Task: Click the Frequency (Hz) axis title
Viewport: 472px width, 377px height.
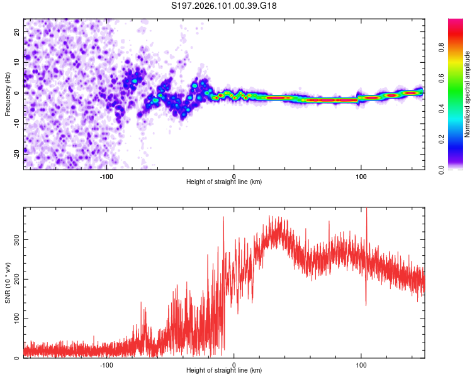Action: pos(8,94)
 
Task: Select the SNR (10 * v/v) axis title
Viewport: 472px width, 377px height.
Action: pos(8,283)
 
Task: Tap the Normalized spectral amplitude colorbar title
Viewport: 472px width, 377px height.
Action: pos(468,94)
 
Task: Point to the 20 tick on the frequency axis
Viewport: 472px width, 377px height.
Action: pos(17,31)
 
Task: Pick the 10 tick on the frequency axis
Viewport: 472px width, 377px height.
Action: pos(17,62)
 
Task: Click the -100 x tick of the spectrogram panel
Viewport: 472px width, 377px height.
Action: pos(106,175)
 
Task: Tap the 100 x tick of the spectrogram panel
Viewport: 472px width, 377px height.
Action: pos(361,175)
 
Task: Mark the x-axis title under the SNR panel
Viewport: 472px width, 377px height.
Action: pos(224,371)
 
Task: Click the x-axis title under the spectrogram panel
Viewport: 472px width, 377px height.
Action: pos(224,182)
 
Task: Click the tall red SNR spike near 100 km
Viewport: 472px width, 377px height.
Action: pos(366,217)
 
